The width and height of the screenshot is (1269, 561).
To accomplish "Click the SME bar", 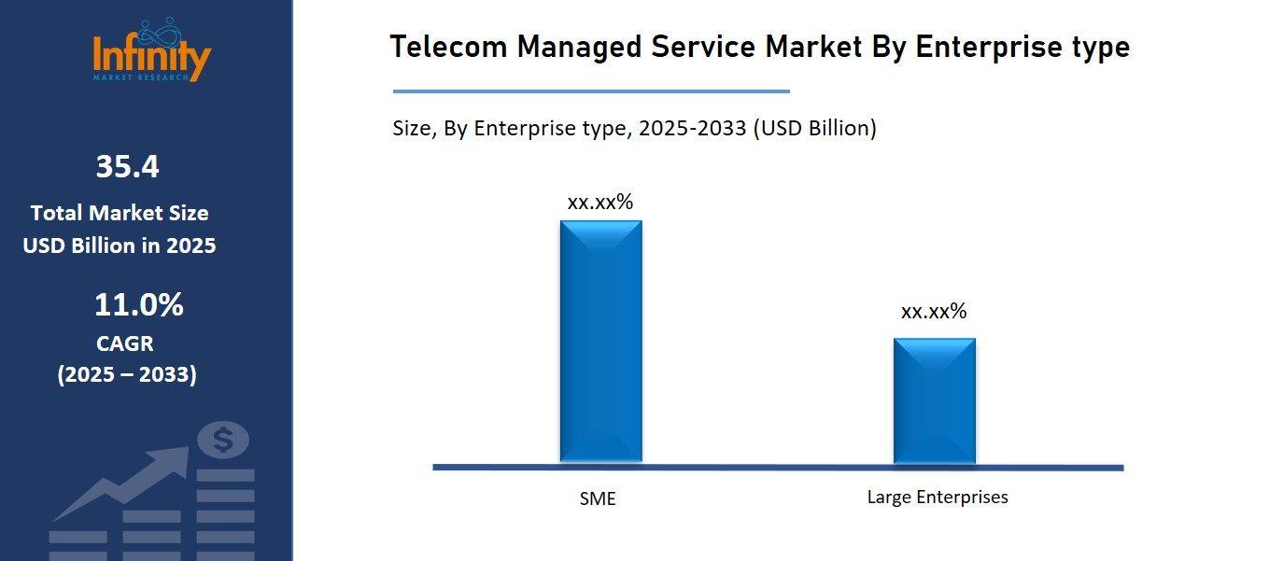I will [600, 341].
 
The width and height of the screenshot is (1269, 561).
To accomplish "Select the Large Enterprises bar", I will [934, 400].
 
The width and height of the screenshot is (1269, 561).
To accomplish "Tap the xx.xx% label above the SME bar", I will [600, 202].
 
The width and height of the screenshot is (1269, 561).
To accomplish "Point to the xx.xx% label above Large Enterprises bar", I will [934, 312].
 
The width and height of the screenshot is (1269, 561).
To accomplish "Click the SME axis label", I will [598, 498].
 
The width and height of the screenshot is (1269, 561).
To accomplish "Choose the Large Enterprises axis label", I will [938, 497].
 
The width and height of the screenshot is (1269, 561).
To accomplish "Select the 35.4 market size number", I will [127, 167].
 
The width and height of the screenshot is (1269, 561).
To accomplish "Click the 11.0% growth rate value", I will [138, 304].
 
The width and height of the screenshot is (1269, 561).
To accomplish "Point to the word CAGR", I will [125, 344].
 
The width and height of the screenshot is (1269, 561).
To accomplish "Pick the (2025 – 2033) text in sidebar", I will [127, 374].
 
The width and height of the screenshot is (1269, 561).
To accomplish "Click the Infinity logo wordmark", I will [151, 55].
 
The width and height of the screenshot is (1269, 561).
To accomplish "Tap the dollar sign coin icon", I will [223, 440].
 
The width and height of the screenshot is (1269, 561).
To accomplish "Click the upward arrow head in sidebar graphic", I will [174, 458].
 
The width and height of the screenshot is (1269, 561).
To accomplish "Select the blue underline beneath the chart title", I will [591, 91].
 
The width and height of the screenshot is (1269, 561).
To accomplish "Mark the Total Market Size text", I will [120, 213].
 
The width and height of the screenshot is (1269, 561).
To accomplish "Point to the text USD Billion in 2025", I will [120, 245].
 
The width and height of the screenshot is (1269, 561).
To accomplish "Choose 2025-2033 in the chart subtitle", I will [692, 129].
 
